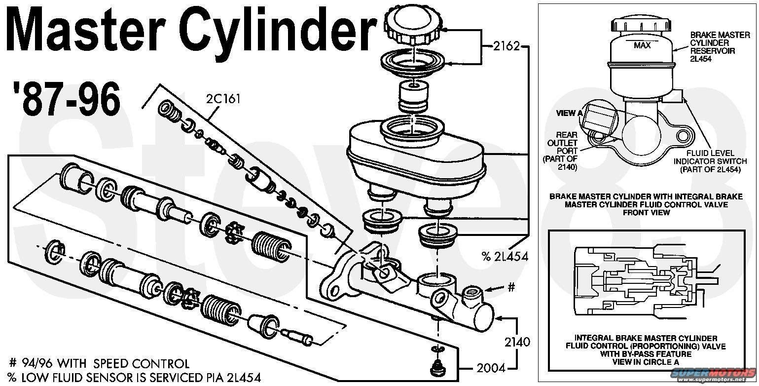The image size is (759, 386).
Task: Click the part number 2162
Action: pyautogui.click(x=506, y=46)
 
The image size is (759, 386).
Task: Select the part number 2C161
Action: pyautogui.click(x=223, y=98)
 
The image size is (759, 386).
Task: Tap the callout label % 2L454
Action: pyautogui.click(x=505, y=256)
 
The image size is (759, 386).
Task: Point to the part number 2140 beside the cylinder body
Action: pyautogui.click(x=517, y=342)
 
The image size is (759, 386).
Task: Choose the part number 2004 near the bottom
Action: pyautogui.click(x=491, y=368)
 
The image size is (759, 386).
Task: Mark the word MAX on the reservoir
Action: pyautogui.click(x=642, y=45)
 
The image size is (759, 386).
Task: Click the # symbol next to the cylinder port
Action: pyautogui.click(x=511, y=287)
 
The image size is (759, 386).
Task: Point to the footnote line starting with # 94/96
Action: pyautogui.click(x=99, y=364)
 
